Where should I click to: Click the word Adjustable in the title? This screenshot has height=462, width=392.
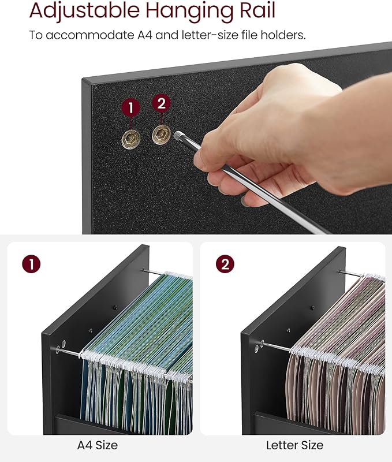(x=84, y=11)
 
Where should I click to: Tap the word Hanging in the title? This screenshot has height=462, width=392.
(x=189, y=11)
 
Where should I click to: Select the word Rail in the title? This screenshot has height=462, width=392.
(x=257, y=10)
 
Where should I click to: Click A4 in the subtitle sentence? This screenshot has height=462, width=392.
(x=144, y=35)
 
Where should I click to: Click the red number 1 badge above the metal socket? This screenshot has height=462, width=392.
(x=131, y=108)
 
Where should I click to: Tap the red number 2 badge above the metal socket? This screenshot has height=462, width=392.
(x=161, y=103)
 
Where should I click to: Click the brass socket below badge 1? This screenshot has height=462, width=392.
(x=131, y=139)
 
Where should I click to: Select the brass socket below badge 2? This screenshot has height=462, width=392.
(x=161, y=135)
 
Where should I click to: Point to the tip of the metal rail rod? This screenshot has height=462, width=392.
(x=177, y=135)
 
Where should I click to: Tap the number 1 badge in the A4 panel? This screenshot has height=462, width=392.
(x=31, y=264)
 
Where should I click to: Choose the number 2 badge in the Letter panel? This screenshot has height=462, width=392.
(x=225, y=264)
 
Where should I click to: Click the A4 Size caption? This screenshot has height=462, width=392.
(x=98, y=445)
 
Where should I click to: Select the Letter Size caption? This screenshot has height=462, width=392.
(x=294, y=445)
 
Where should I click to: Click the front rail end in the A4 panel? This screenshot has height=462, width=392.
(x=58, y=350)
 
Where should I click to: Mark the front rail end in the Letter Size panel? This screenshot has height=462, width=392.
(x=262, y=342)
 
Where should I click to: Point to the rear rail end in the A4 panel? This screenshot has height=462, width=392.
(x=143, y=270)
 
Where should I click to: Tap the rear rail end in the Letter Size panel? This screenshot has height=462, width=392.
(x=340, y=271)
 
